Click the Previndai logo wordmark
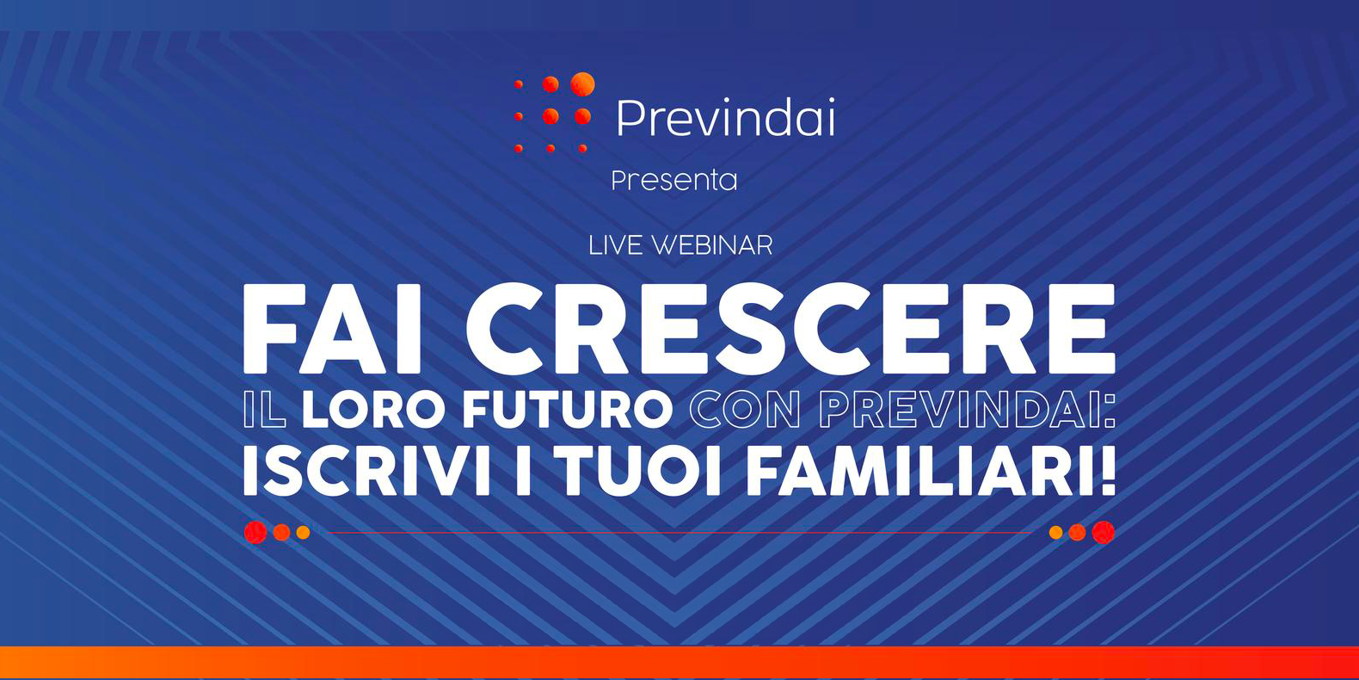pyautogui.click(x=725, y=117)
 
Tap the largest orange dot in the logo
pyautogui.click(x=583, y=83)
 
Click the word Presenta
pyautogui.click(x=674, y=181)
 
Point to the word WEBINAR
pyautogui.click(x=712, y=245)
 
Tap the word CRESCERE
pyautogui.click(x=790, y=329)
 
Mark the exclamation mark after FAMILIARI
pyautogui.click(x=1107, y=472)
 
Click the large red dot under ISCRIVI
pyautogui.click(x=255, y=532)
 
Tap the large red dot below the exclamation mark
pyautogui.click(x=1104, y=532)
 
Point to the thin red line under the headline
pyautogui.click(x=679, y=533)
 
